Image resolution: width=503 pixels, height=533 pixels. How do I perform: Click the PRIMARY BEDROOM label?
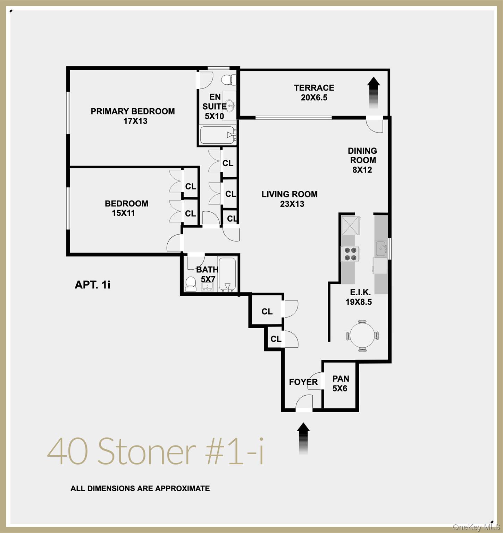point(133,116)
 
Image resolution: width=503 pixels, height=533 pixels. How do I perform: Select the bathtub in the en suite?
point(217,135)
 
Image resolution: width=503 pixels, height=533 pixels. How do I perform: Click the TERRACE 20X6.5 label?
point(314,93)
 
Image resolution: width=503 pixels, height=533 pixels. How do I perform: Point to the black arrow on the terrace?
point(374,92)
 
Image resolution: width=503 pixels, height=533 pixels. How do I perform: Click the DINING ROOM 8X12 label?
point(362,160)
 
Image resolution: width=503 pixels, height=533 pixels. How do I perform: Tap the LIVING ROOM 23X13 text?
point(290,199)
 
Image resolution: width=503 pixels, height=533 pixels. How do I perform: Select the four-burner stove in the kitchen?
point(350,254)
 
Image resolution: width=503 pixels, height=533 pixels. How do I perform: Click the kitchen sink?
point(381,248)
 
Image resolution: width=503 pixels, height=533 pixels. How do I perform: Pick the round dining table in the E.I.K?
point(362,336)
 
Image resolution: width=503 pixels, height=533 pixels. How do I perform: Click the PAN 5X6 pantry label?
point(340,383)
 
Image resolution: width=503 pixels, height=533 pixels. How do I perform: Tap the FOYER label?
point(303,382)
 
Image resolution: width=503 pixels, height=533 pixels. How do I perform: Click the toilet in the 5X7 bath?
point(191,284)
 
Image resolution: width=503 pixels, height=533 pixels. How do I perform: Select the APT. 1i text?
point(92,285)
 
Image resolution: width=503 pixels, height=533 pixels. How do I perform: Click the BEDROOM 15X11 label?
point(126,208)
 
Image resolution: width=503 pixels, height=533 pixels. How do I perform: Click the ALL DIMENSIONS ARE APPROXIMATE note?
point(140,488)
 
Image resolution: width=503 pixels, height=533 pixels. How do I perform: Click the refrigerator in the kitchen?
point(351,226)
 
